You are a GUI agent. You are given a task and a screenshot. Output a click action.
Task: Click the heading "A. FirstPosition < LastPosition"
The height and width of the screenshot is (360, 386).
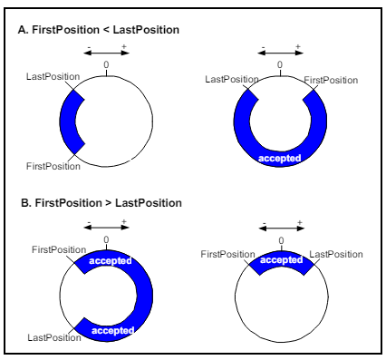click(99, 30)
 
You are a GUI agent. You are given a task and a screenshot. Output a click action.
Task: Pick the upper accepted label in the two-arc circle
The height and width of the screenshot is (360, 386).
click(108, 258)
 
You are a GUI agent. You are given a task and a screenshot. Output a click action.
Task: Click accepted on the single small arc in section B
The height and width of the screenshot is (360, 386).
click(280, 260)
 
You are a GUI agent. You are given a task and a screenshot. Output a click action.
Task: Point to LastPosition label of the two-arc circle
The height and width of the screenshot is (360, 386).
click(50, 337)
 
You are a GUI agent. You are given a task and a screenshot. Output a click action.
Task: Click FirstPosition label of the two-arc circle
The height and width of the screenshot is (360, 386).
click(57, 248)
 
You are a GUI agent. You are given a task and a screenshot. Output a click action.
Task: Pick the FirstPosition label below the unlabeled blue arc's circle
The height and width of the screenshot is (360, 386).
click(53, 167)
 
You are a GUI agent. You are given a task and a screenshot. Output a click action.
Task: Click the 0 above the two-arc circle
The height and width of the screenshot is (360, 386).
click(106, 238)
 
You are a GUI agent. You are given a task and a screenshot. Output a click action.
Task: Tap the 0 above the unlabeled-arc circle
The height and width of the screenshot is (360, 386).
click(106, 65)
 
